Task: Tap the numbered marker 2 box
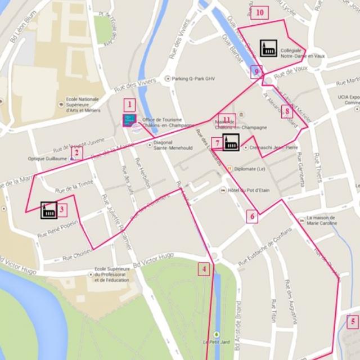click(x=77, y=152)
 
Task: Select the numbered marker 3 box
click(x=62, y=210)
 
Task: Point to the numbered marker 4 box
click(x=205, y=269)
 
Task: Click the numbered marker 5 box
click(x=353, y=322)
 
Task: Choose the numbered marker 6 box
click(x=252, y=215)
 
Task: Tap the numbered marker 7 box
click(x=217, y=143)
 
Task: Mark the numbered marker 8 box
click(x=286, y=111)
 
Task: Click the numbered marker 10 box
click(x=259, y=12)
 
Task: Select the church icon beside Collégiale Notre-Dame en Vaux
click(x=268, y=48)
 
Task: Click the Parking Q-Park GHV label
click(x=193, y=79)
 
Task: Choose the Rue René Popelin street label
click(x=57, y=231)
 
